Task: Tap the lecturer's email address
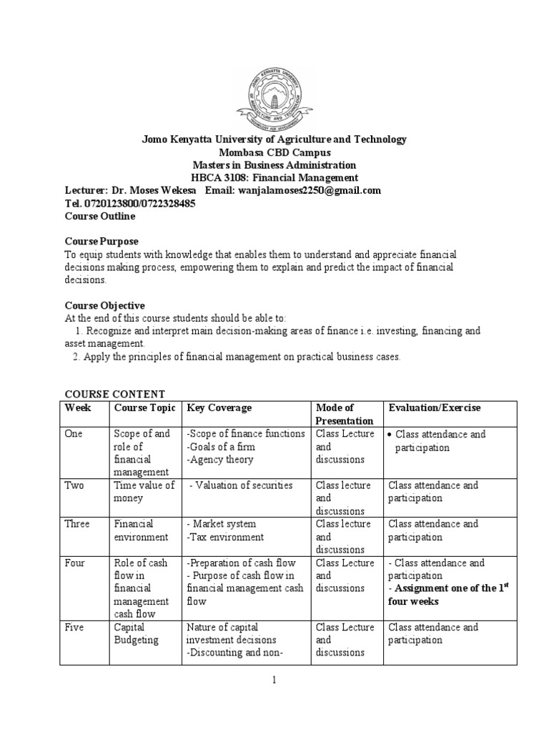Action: click(x=300, y=190)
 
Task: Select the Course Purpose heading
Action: click(x=102, y=242)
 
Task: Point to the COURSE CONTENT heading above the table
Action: click(x=115, y=394)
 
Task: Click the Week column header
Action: click(x=78, y=407)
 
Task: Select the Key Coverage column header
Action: click(x=219, y=407)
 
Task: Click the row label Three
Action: click(x=76, y=524)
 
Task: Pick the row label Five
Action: click(x=74, y=627)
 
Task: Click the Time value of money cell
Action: click(x=144, y=492)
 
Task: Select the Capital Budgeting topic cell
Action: click(x=137, y=633)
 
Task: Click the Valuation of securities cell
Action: click(x=242, y=485)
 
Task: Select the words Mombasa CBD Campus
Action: click(x=273, y=152)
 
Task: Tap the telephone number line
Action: click(x=129, y=203)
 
